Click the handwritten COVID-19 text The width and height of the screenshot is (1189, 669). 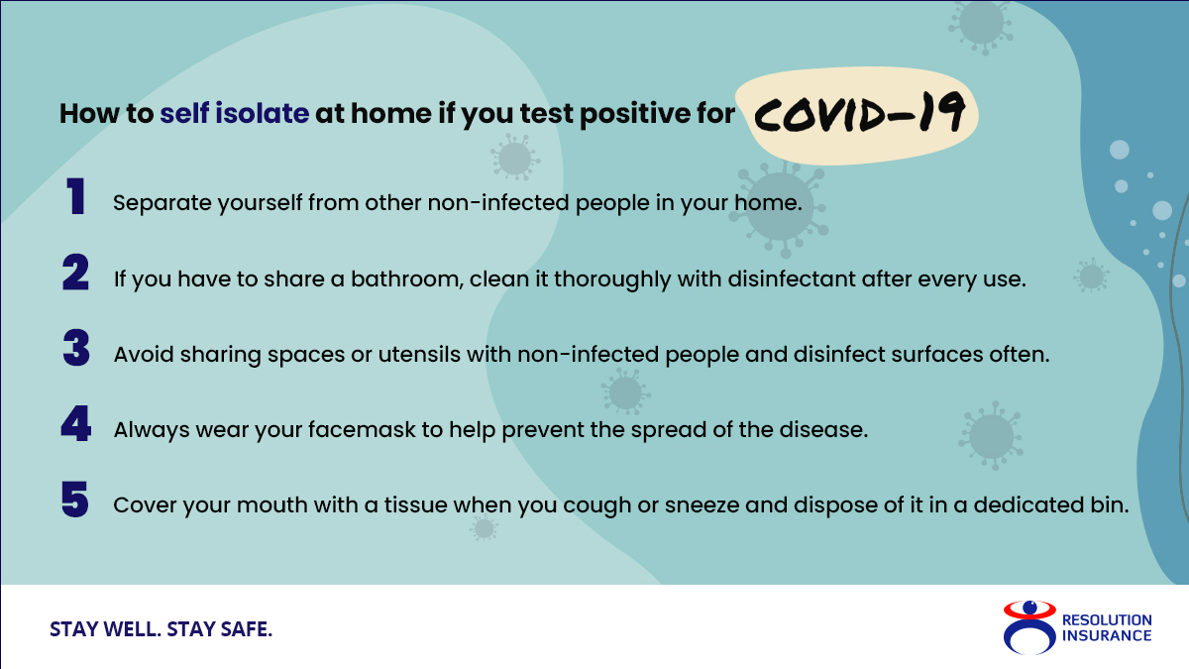point(859,112)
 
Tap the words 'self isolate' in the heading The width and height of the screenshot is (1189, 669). point(235,114)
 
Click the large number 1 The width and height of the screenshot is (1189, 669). point(75,196)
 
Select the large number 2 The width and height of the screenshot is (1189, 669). point(75,273)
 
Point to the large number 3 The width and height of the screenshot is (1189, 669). point(76,348)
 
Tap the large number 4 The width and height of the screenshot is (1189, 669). point(76,424)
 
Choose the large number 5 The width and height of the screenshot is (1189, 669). point(75,500)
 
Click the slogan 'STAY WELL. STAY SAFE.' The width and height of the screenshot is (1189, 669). point(161,629)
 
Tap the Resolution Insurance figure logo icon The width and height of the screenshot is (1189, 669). point(1029,627)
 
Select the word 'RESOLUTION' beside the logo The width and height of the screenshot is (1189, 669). point(1107,620)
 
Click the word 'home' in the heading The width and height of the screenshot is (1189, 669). point(391,114)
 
